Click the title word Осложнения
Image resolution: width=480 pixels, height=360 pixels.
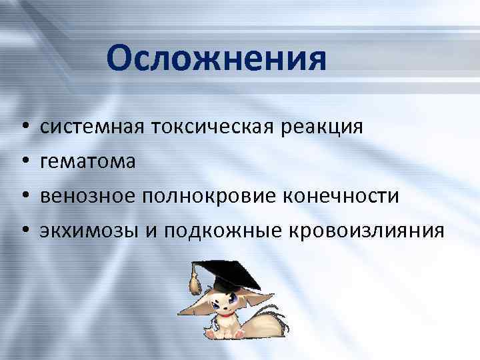(x=216, y=59)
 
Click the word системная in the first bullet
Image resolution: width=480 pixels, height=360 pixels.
(x=85, y=127)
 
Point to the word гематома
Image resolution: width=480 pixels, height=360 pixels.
(x=87, y=161)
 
